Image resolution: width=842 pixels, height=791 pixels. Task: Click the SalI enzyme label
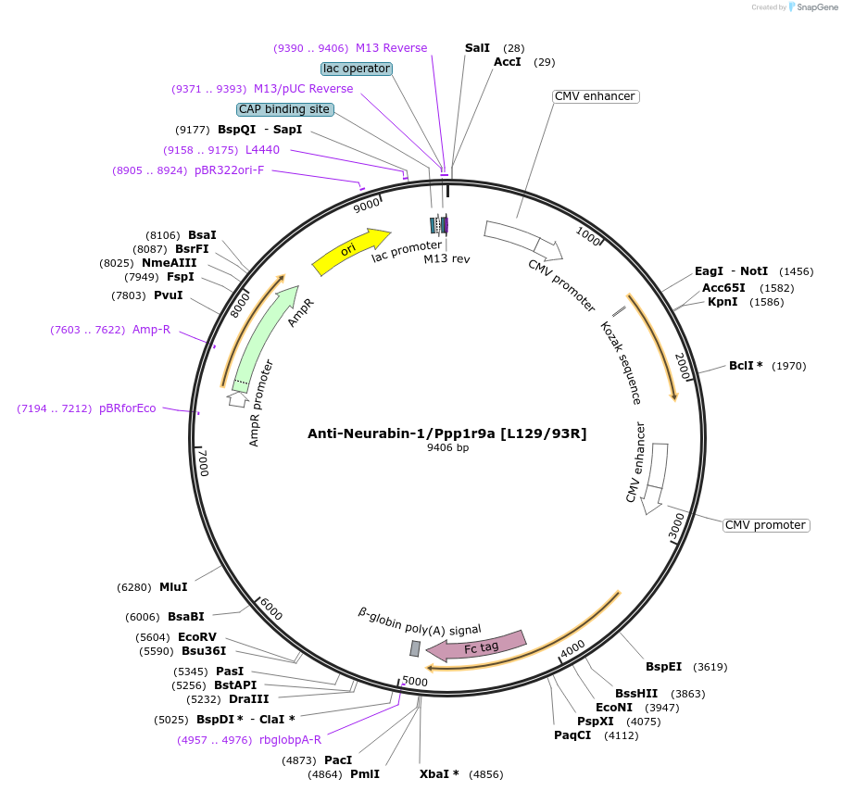(477, 47)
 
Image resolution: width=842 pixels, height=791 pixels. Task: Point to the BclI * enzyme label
(746, 366)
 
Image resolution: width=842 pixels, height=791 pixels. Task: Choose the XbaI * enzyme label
(439, 773)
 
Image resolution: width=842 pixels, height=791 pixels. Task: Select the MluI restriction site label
(173, 587)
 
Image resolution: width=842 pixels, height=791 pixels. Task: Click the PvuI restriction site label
(169, 295)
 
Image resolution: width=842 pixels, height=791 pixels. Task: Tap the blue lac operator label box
(357, 69)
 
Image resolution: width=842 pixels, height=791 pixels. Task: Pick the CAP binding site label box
(284, 109)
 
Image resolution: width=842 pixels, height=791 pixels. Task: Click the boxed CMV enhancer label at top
(595, 96)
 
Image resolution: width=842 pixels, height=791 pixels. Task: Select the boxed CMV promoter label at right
(765, 525)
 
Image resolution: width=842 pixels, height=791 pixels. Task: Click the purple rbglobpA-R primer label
(291, 740)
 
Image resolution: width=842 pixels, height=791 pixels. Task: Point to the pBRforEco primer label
(128, 408)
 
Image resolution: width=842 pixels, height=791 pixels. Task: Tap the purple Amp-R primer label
(152, 330)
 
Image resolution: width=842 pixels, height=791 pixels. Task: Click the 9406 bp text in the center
(447, 448)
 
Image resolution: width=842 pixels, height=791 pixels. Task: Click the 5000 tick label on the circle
(414, 682)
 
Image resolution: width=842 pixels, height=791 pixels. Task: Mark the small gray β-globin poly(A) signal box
(415, 648)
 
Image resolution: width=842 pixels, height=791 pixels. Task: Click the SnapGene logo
(814, 6)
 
